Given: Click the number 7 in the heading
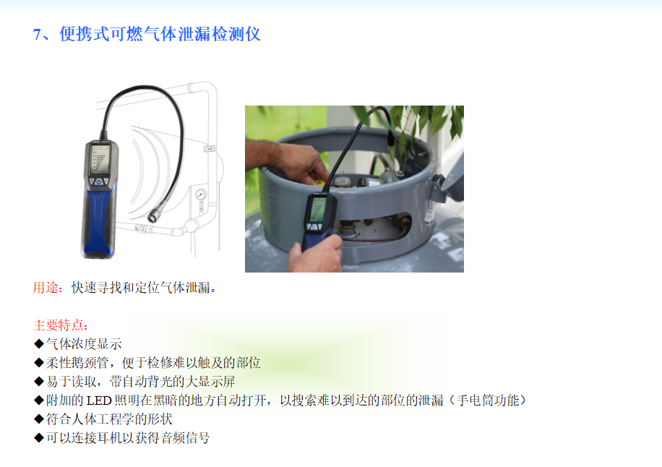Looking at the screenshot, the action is (x=36, y=35).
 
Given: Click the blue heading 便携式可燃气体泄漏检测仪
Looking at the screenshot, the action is (x=160, y=34).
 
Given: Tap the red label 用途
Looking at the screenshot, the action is (x=46, y=288).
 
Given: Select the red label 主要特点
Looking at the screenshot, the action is (x=59, y=325).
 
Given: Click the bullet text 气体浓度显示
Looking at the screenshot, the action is (x=84, y=343).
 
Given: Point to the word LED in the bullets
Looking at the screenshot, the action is (x=99, y=400).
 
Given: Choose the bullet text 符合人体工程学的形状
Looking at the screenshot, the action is (x=109, y=419).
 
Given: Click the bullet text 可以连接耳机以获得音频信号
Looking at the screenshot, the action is (x=128, y=438).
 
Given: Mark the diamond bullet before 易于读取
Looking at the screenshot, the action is (x=39, y=382).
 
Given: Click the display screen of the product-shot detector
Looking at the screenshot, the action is (x=100, y=160).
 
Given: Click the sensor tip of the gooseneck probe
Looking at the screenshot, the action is (x=152, y=218).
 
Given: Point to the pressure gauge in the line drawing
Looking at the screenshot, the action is (x=200, y=194).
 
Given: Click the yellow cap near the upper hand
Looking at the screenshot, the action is (x=320, y=182).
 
